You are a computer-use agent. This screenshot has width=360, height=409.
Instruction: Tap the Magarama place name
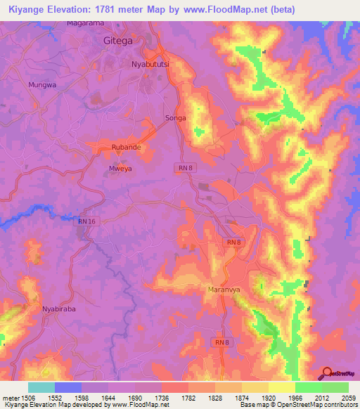[86, 23]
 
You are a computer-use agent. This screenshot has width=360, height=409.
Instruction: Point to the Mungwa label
[41, 84]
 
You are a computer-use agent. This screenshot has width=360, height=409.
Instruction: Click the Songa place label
[175, 117]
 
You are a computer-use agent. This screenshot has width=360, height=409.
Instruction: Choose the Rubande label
[127, 147]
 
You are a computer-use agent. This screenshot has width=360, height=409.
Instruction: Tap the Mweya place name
[120, 169]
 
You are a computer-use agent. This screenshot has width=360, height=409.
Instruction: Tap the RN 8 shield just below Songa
[184, 167]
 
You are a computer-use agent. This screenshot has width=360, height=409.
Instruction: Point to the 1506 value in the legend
[21, 398]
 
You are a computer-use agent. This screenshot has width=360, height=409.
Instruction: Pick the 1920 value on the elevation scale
[268, 398]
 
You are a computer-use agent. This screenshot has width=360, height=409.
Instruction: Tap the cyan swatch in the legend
[41, 387]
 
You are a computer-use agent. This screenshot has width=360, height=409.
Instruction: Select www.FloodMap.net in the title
[229, 9]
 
